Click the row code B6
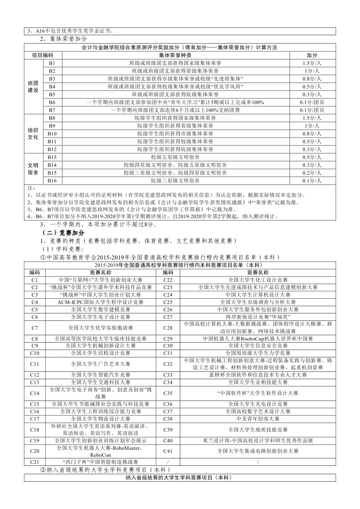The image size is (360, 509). [x=52, y=102]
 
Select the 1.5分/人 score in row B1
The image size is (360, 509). [x=312, y=63]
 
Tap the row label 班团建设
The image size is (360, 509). [x=33, y=86]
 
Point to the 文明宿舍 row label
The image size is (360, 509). [x=33, y=169]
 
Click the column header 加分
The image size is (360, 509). [x=312, y=55]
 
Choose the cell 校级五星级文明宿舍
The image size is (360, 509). [x=175, y=157]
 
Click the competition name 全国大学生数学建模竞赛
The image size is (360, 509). [x=101, y=309]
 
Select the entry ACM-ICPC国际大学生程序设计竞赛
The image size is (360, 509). [x=101, y=302]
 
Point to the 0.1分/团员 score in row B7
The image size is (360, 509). [x=312, y=110]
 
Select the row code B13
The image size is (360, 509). [x=52, y=157]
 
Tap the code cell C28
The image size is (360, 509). [x=168, y=327]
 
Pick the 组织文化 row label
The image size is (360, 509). [x=33, y=134]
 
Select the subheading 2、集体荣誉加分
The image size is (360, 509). [x=63, y=39]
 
